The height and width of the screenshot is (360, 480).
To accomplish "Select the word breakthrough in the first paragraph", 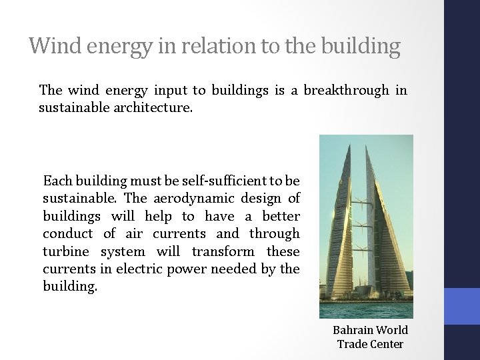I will [x=346, y=90].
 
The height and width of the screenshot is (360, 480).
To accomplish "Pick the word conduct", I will [x=67, y=234].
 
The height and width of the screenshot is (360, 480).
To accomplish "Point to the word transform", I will [x=223, y=252].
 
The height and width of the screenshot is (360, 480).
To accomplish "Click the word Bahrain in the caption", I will [x=353, y=330].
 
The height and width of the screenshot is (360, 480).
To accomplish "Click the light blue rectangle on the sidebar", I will [x=462, y=306].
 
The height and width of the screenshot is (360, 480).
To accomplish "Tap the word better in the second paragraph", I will [x=281, y=217].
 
